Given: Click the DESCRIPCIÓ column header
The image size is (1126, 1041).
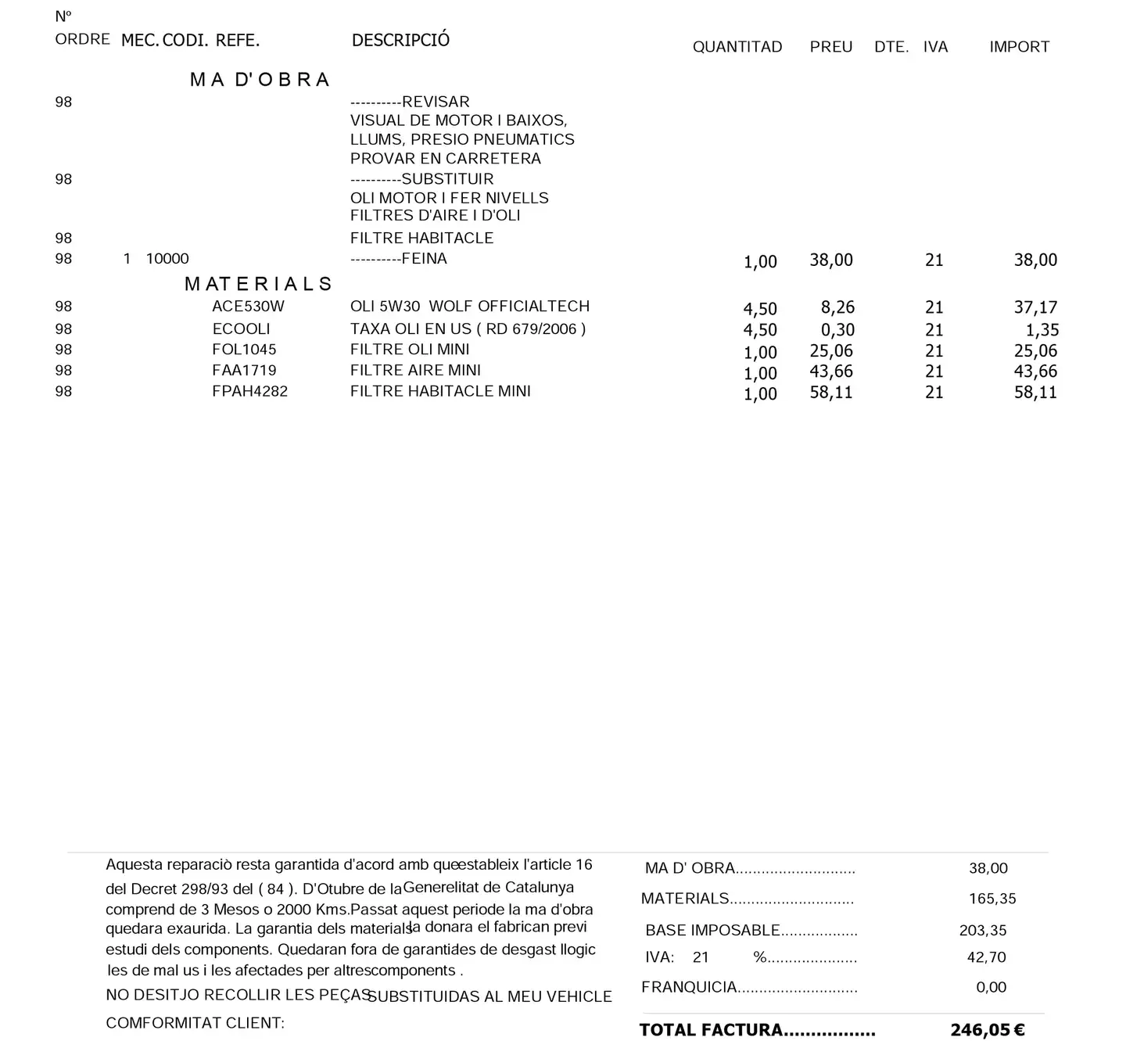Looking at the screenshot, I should pyautogui.click(x=400, y=40).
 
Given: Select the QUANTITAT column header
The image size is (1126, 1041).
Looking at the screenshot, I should pyautogui.click(x=737, y=47).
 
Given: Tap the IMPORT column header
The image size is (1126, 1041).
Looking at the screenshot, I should pyautogui.click(x=1019, y=47).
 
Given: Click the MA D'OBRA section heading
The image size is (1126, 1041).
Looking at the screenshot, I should pyautogui.click(x=260, y=80).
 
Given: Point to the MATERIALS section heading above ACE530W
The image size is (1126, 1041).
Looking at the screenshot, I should pyautogui.click(x=259, y=284).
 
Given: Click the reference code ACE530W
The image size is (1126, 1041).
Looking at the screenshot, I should pyautogui.click(x=249, y=307).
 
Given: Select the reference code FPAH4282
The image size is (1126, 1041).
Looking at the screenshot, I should pyautogui.click(x=249, y=391).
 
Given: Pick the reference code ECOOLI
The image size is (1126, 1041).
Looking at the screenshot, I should pyautogui.click(x=241, y=329).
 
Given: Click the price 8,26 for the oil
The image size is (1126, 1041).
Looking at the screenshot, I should pyautogui.click(x=837, y=307).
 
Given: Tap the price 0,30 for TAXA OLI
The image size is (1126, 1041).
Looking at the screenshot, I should pyautogui.click(x=837, y=330).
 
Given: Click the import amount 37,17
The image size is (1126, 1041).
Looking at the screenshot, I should pyautogui.click(x=1035, y=307).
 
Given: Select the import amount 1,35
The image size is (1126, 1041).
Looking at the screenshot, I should pyautogui.click(x=1042, y=330).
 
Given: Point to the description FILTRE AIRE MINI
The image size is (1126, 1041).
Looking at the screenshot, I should pyautogui.click(x=415, y=370).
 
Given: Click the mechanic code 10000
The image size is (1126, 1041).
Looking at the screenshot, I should pyautogui.click(x=167, y=259).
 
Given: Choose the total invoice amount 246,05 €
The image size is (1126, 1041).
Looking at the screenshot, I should pyautogui.click(x=988, y=1030).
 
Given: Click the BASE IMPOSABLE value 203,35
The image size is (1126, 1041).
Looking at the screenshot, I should pyautogui.click(x=983, y=931).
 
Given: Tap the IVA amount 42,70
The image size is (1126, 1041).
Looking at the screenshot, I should pyautogui.click(x=986, y=957).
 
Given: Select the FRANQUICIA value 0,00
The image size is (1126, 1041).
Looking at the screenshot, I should pyautogui.click(x=991, y=987).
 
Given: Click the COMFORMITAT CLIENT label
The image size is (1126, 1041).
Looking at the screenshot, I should pyautogui.click(x=195, y=1023).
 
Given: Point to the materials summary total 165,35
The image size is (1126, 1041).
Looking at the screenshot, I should pyautogui.click(x=992, y=899).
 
